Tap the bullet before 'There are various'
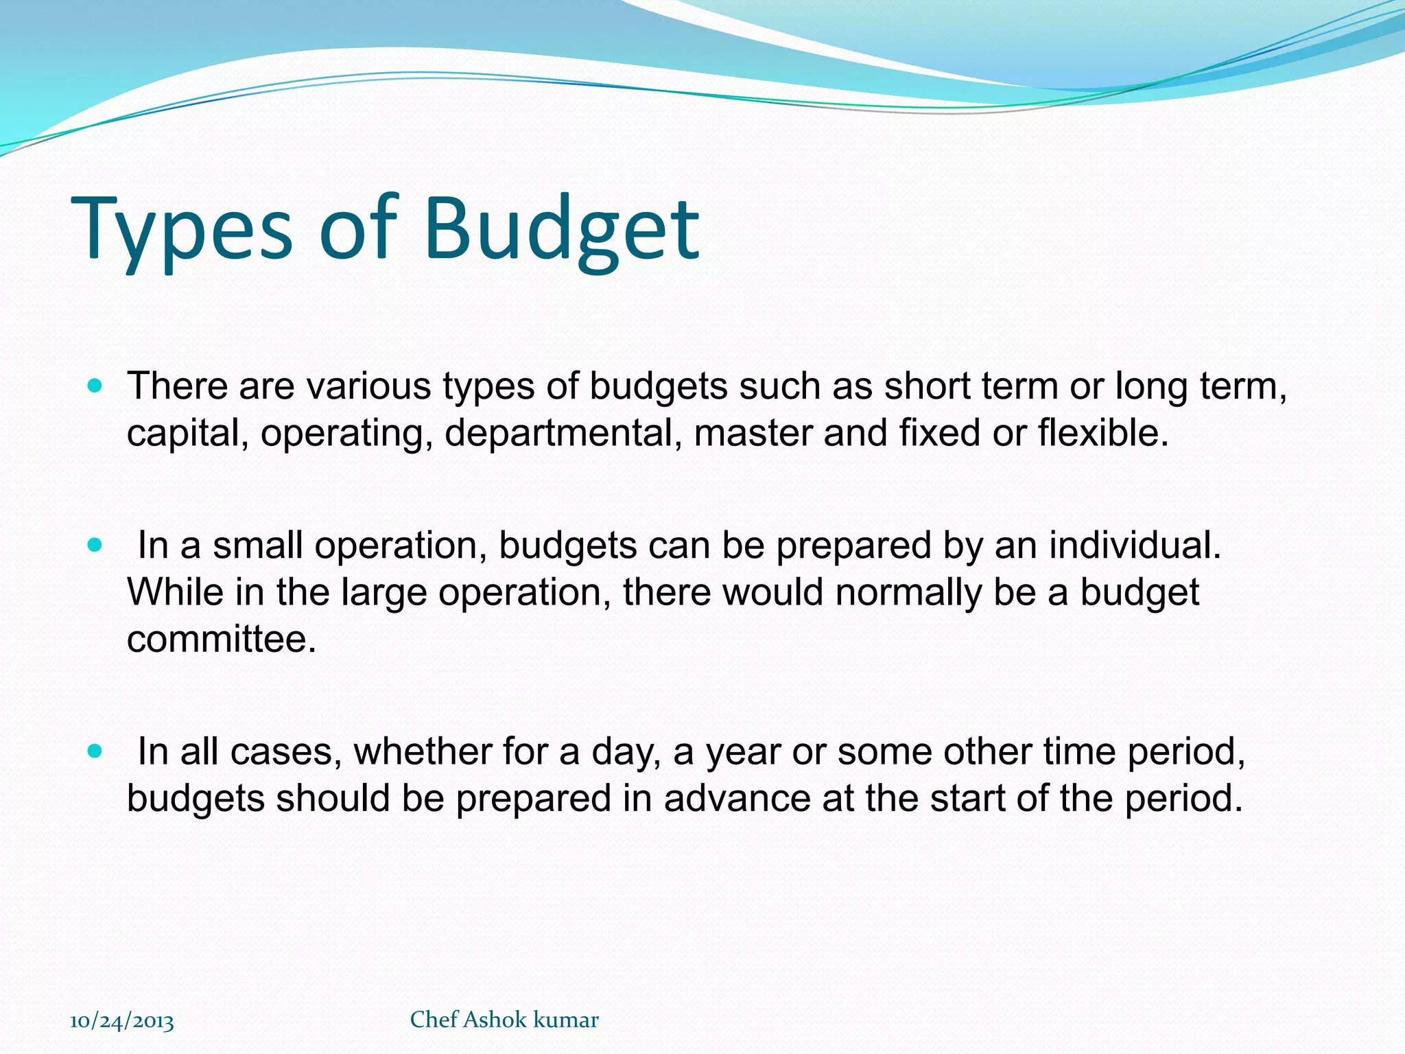(x=95, y=386)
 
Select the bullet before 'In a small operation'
(x=95, y=546)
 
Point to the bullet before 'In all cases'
(x=95, y=751)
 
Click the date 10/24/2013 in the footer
(x=122, y=1021)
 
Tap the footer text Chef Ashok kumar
(x=504, y=1020)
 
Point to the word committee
(x=221, y=639)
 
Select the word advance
(x=737, y=798)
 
